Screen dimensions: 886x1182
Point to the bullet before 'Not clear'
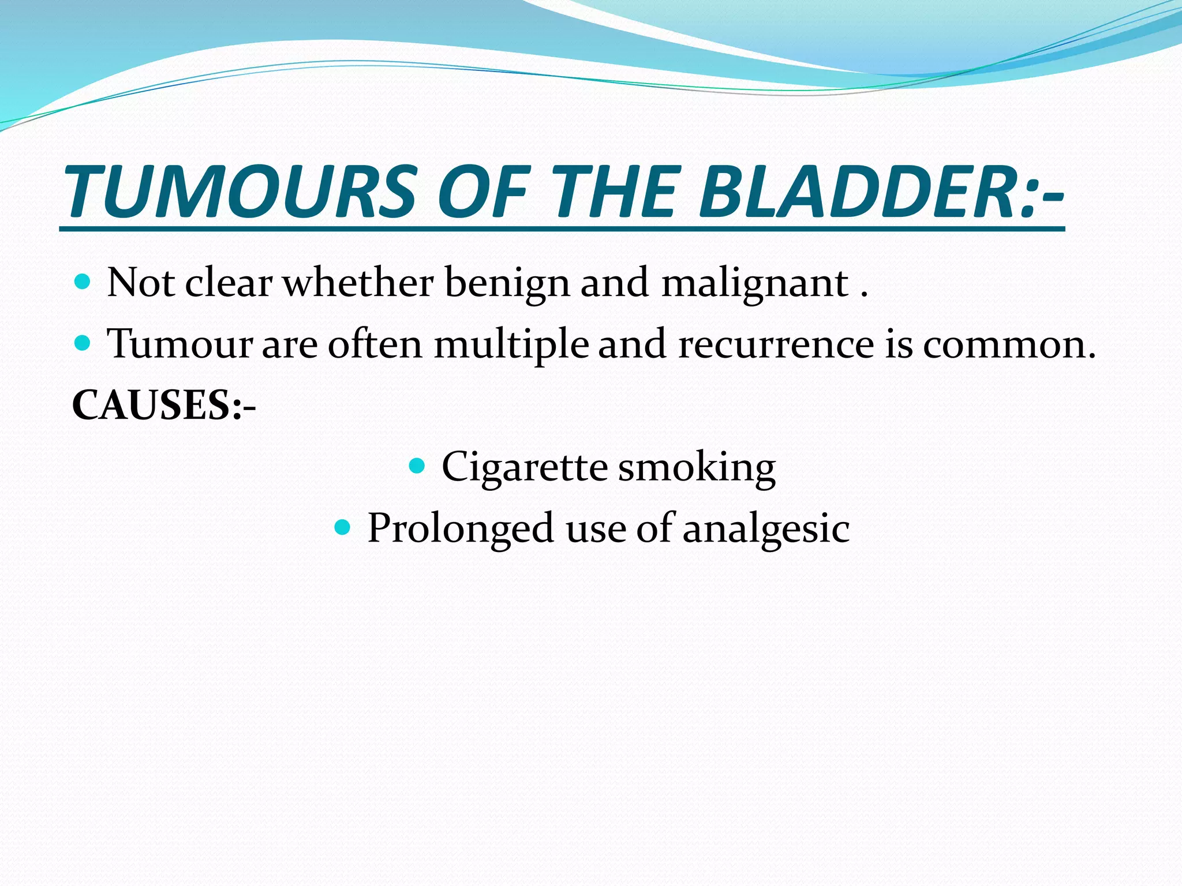coord(83,282)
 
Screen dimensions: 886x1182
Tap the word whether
coord(358,283)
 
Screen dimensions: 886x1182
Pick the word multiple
coord(511,345)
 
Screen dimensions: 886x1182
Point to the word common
coord(1009,345)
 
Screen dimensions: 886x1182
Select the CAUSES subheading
coord(164,405)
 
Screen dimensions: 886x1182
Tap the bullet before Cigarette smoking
coord(416,465)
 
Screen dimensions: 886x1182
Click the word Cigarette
coord(524,467)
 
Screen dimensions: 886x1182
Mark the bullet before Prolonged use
coord(342,527)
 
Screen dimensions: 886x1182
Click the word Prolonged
coord(461,529)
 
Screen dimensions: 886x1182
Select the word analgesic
coord(766,529)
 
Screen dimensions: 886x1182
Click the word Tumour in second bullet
coord(180,344)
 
